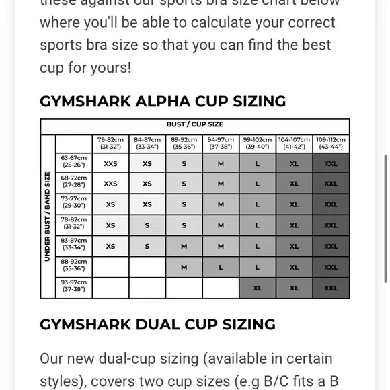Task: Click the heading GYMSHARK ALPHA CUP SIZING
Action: pyautogui.click(x=163, y=102)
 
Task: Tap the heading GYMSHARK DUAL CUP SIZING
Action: pyautogui.click(x=157, y=325)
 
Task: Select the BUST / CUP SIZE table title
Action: pyautogui.click(x=195, y=125)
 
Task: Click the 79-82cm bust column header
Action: pyautogui.click(x=110, y=143)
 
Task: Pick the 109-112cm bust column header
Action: pyautogui.click(x=331, y=143)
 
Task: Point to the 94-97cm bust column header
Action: pyautogui.click(x=221, y=143)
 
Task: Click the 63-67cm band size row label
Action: pyautogui.click(x=73, y=162)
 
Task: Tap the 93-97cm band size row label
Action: pyautogui.click(x=73, y=288)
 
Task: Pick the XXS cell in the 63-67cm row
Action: pyautogui.click(x=110, y=163)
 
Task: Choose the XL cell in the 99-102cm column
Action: pyautogui.click(x=258, y=288)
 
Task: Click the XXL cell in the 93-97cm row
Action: pyautogui.click(x=331, y=288)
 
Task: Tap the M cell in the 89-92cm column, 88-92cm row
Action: pyautogui.click(x=184, y=267)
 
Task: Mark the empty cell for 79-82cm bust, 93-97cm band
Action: pyautogui.click(x=110, y=288)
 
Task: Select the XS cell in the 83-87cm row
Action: pyautogui.click(x=110, y=246)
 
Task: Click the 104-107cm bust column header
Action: pyautogui.click(x=294, y=143)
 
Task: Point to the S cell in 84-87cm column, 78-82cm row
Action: pyautogui.click(x=147, y=225)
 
